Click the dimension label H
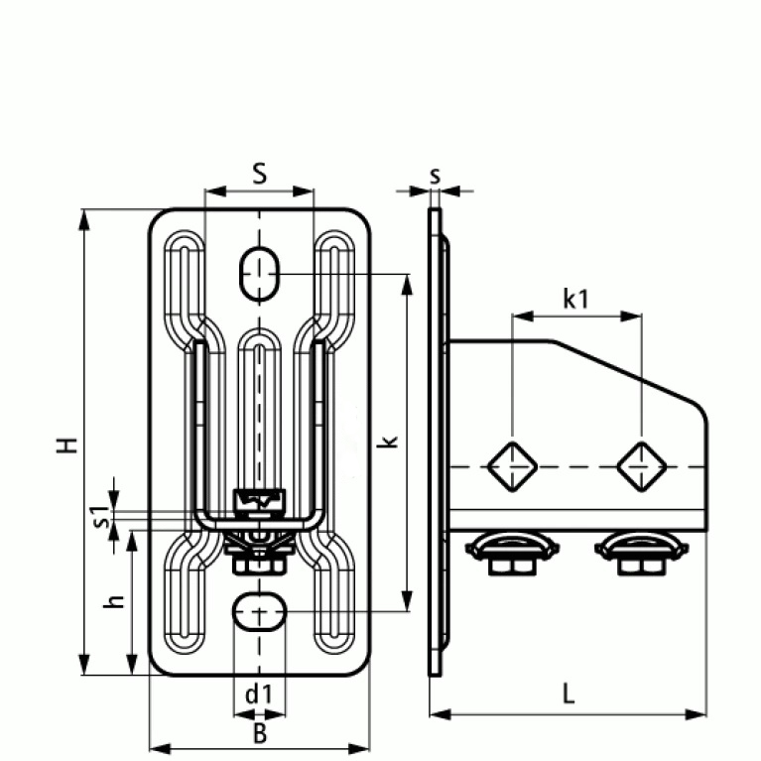point(66,444)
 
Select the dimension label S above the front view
point(259,174)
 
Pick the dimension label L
point(568,694)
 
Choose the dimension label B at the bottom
point(259,733)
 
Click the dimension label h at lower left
point(116,601)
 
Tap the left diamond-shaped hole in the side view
point(512,464)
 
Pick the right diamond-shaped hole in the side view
point(640,464)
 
